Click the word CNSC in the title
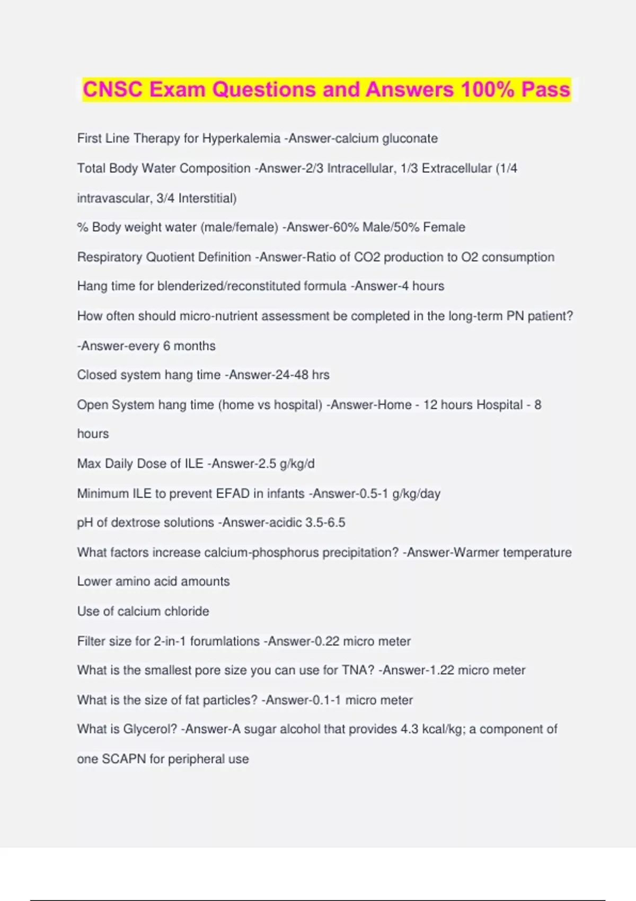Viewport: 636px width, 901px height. click(x=112, y=90)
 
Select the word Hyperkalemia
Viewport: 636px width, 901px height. click(x=241, y=138)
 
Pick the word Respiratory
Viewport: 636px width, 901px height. click(x=110, y=257)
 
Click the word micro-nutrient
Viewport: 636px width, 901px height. click(x=219, y=316)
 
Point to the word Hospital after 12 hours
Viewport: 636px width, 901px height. click(x=499, y=405)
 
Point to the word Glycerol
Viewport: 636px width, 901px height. click(x=150, y=729)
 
